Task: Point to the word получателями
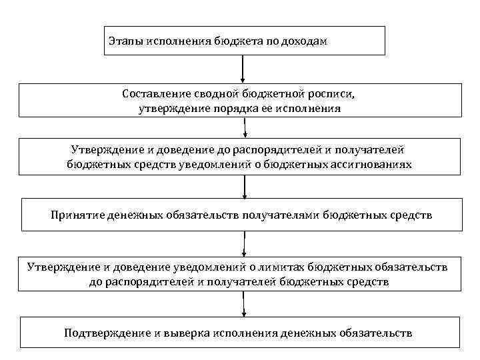coord(287,215)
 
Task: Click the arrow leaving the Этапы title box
coord(243,69)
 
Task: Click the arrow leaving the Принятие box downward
coord(245,243)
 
